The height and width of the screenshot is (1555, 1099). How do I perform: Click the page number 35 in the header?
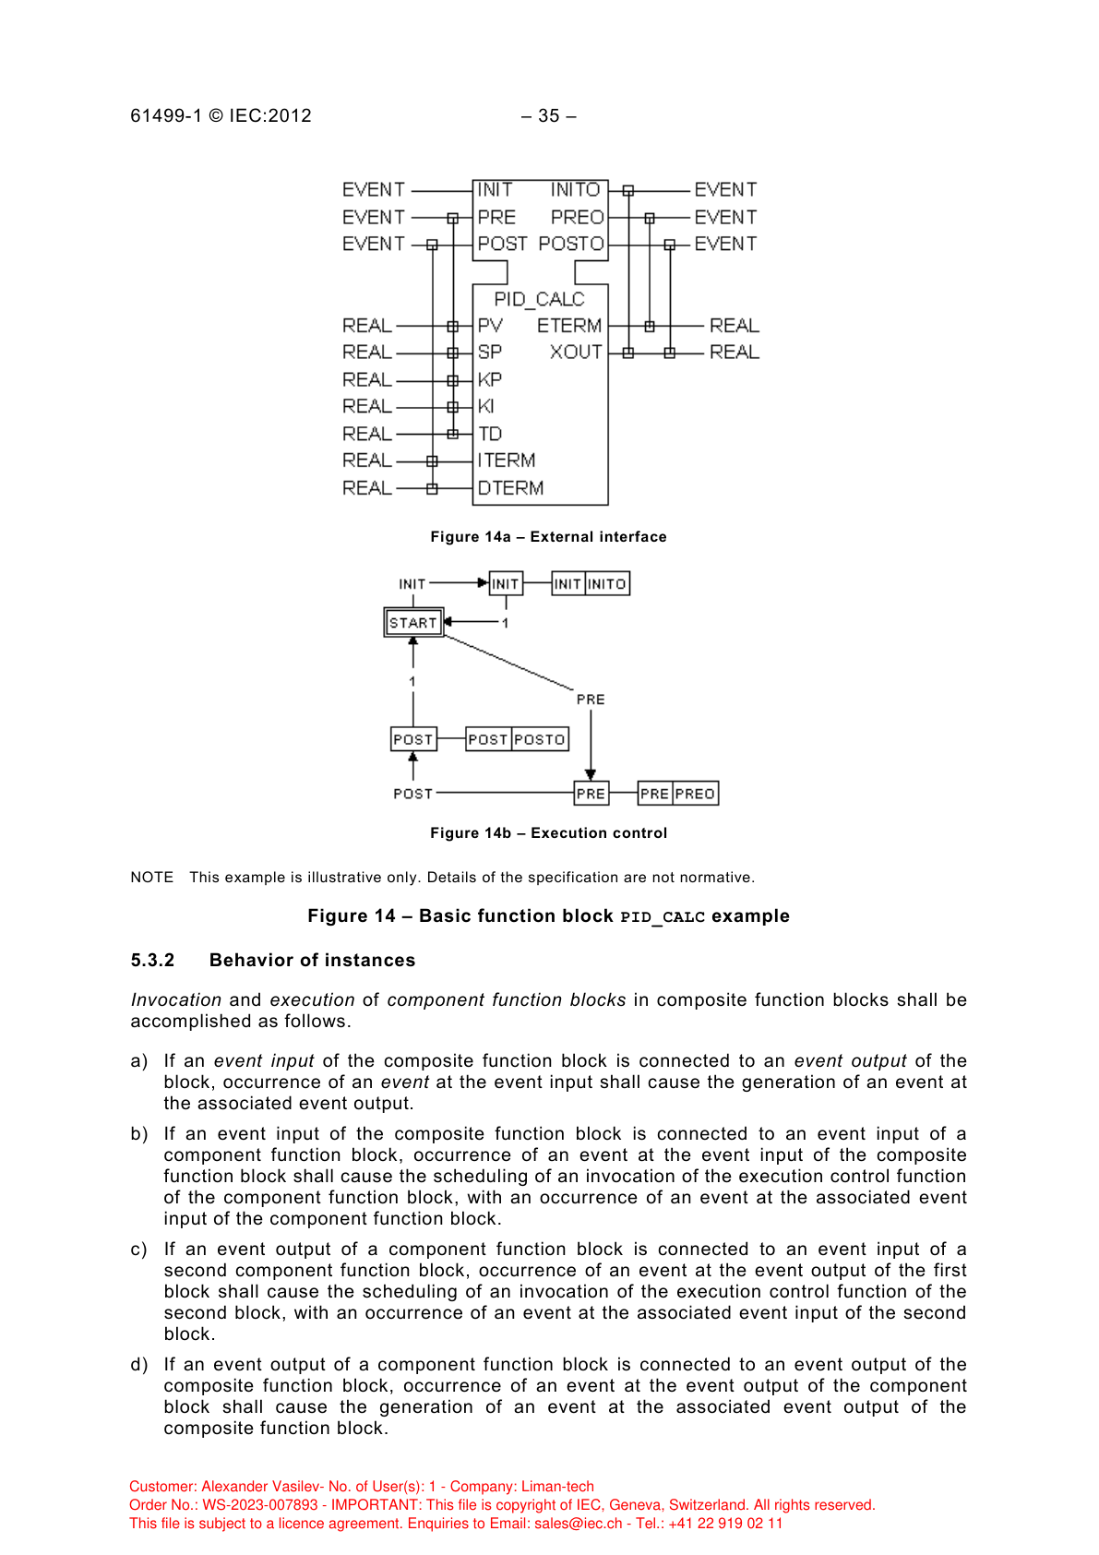(549, 116)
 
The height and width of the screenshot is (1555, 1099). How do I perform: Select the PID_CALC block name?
(539, 299)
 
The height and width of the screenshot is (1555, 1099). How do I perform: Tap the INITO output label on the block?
(575, 190)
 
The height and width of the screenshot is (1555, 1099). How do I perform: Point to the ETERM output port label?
(569, 326)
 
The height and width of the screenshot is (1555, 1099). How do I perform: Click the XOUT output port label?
(576, 353)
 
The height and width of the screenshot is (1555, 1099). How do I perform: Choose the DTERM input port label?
(510, 488)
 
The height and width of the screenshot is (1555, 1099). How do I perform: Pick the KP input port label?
(490, 379)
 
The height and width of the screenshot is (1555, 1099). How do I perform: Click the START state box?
(413, 623)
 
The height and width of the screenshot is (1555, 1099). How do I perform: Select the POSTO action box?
(540, 739)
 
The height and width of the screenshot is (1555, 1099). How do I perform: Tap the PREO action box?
(695, 794)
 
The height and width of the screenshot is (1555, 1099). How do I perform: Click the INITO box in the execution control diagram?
(607, 584)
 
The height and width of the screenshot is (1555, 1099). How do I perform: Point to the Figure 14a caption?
(548, 537)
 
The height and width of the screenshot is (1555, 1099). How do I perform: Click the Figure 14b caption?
(548, 833)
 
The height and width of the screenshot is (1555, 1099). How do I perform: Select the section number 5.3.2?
(152, 961)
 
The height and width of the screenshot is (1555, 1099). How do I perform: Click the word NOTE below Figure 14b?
(151, 878)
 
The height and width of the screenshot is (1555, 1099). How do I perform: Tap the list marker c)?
(138, 1250)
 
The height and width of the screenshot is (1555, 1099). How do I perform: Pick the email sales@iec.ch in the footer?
(578, 1524)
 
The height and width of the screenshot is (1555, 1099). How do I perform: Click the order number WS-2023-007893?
(260, 1505)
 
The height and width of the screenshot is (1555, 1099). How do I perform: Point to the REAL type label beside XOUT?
(735, 353)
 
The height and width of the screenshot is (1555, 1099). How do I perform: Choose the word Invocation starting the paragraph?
(175, 1000)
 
